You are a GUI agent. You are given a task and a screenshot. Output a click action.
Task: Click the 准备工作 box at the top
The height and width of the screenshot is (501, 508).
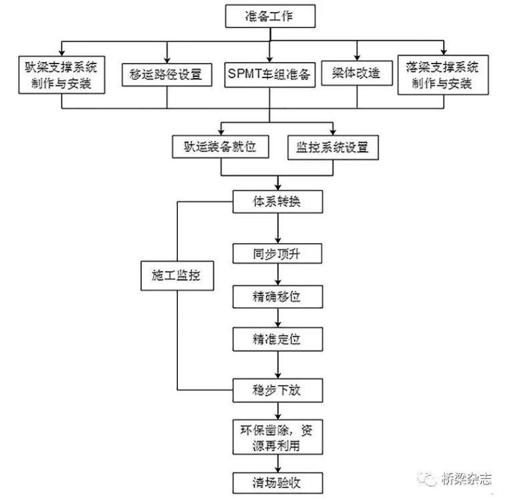pos(269,17)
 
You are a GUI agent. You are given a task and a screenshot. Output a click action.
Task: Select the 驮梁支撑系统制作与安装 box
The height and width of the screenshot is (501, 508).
pos(61,75)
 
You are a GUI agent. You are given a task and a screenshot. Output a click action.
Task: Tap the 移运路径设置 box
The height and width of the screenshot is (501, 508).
pos(166,73)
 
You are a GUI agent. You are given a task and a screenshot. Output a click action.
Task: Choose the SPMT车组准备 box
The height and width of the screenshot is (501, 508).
pos(269,74)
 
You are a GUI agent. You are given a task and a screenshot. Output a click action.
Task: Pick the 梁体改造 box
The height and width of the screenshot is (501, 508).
pos(356,73)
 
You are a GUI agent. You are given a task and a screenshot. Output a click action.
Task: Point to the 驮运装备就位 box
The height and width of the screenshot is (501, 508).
pos(221,147)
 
